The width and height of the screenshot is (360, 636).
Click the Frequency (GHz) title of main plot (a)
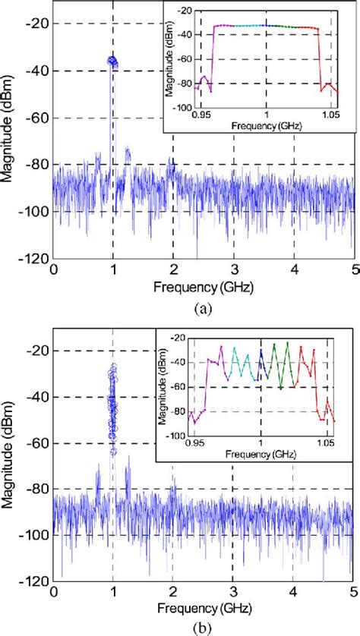[x=203, y=287]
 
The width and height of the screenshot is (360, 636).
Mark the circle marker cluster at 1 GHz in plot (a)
[x=113, y=61]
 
